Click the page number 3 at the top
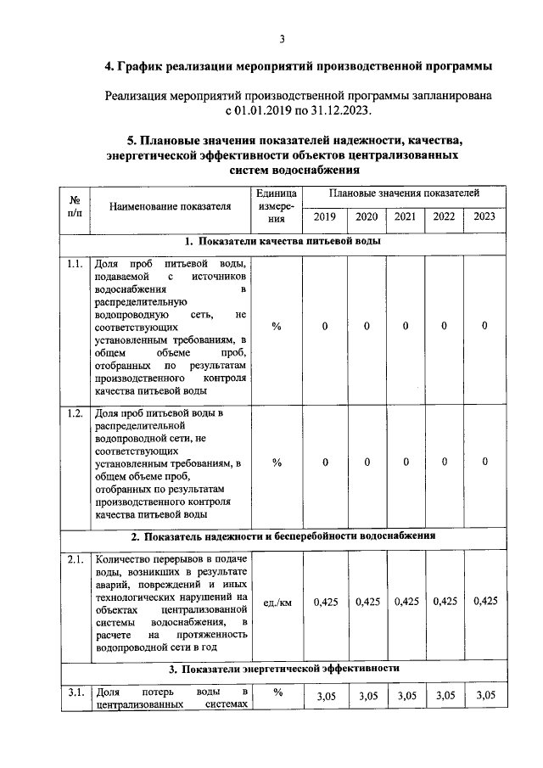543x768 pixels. [x=283, y=38]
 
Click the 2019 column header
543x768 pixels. [x=324, y=216]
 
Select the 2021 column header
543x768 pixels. [x=406, y=216]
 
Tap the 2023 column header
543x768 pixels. [x=484, y=216]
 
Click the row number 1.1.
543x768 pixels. [x=75, y=264]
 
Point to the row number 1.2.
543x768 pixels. [x=75, y=413]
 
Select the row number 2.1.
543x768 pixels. [x=75, y=560]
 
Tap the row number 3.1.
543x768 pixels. [x=75, y=694]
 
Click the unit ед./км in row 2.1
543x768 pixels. [x=277, y=603]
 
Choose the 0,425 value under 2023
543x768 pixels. [x=484, y=602]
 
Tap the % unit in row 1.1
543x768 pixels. [x=277, y=326]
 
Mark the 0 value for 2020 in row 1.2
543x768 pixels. [x=367, y=462]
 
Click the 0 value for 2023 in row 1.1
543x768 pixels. [x=484, y=326]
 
